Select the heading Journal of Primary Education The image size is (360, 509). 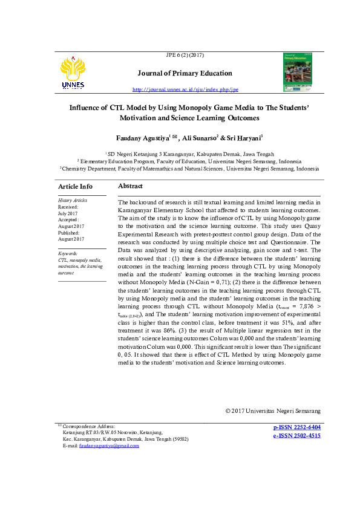coord(185,73)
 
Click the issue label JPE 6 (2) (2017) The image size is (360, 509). coord(185,55)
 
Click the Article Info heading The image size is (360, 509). coord(75,186)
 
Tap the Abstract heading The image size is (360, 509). coord(130,186)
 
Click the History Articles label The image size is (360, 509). coord(73,200)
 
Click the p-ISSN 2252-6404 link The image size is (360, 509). coord(296,427)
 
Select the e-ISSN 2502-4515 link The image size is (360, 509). coord(296,435)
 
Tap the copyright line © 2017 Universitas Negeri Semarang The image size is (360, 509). coord(272,411)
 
